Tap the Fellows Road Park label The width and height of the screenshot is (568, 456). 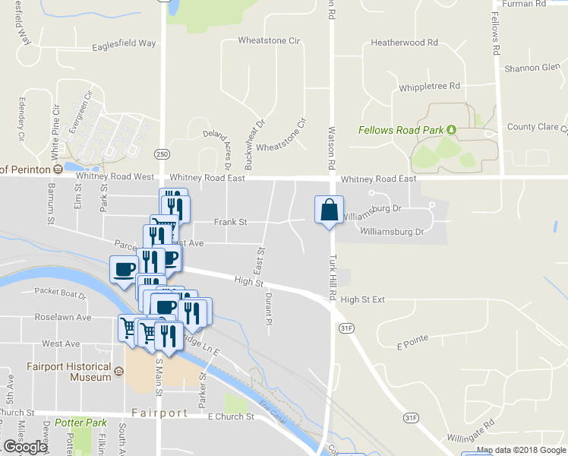400,130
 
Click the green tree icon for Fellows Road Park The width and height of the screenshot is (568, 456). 451,130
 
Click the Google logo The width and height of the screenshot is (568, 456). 24,446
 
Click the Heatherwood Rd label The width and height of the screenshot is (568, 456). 404,43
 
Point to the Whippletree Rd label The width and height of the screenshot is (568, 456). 430,86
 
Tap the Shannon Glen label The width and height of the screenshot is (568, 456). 532,68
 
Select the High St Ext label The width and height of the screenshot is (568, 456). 363,299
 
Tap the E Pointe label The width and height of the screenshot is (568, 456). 412,343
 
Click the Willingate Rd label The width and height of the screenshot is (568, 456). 471,429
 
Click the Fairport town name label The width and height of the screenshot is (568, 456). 159,413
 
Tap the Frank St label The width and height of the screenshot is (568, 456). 231,223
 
